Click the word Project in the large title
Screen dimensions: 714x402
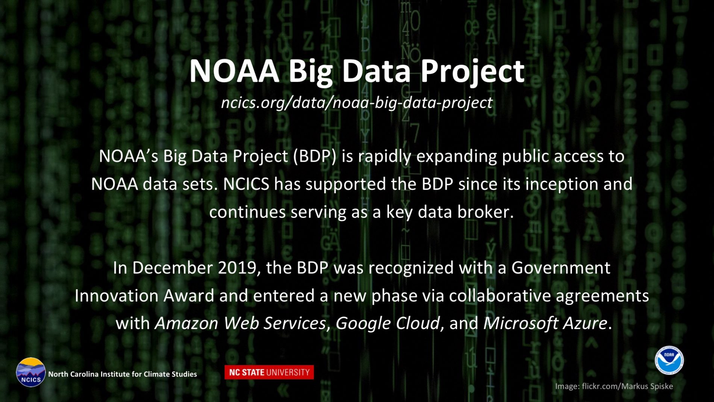[x=472, y=71]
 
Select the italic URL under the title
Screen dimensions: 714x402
[x=357, y=103]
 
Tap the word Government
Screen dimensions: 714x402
[x=561, y=268]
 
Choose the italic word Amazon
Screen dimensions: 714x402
[x=186, y=323]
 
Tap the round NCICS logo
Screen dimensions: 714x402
[x=31, y=372]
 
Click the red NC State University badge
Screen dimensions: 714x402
[x=269, y=372]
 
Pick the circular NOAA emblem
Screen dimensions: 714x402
[x=669, y=360]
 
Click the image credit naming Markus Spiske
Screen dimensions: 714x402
[x=614, y=386]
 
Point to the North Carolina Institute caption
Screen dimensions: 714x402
[x=123, y=374]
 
